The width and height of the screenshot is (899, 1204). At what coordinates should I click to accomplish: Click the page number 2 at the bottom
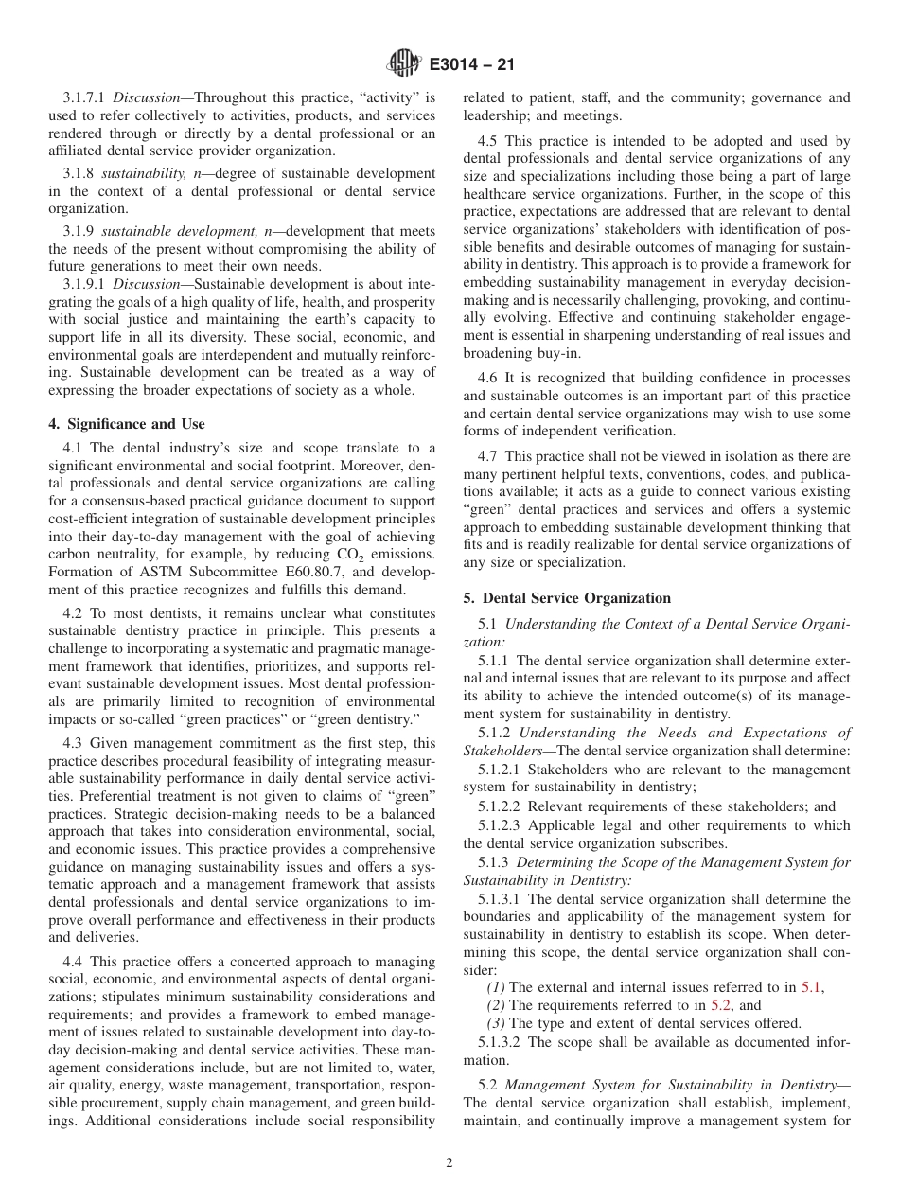[x=449, y=1164]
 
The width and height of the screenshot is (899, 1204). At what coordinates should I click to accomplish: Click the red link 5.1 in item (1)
[x=811, y=986]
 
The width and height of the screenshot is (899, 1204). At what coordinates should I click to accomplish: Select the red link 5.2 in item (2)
[x=720, y=1004]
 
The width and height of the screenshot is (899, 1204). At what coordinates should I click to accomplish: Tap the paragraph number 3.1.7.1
[x=85, y=97]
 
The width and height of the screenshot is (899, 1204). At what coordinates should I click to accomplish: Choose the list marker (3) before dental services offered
[x=496, y=1023]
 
